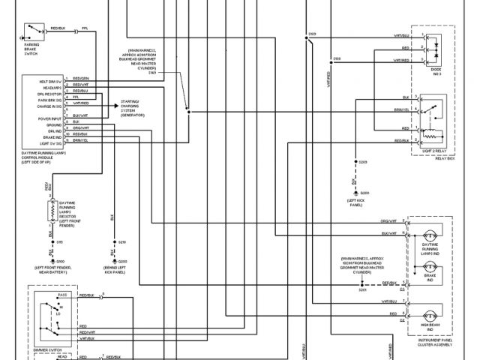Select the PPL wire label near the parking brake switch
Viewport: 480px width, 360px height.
coord(85,26)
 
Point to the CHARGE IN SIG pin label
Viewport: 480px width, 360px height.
coord(46,106)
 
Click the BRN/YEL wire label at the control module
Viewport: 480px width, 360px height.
coord(79,140)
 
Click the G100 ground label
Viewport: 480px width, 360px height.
coord(60,261)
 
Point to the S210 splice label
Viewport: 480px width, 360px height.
coord(122,242)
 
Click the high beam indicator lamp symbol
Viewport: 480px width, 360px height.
coord(430,313)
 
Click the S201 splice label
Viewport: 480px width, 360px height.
coord(362,289)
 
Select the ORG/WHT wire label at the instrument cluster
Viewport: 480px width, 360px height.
coord(388,221)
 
